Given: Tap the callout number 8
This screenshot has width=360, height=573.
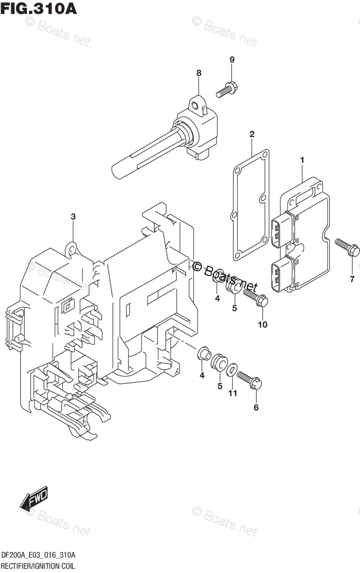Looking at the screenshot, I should pos(199,73).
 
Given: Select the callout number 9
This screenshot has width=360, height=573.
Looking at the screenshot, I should pos(232,60).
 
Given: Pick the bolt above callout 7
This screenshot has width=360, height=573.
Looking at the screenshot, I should pos(347,246).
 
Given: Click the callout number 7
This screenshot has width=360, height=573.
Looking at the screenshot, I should pos(352,278).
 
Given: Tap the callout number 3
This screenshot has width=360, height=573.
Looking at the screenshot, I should pos(73,217).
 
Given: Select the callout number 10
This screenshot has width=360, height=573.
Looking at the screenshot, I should pos(263,325).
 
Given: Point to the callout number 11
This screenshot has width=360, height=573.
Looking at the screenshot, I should pos(233,393).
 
